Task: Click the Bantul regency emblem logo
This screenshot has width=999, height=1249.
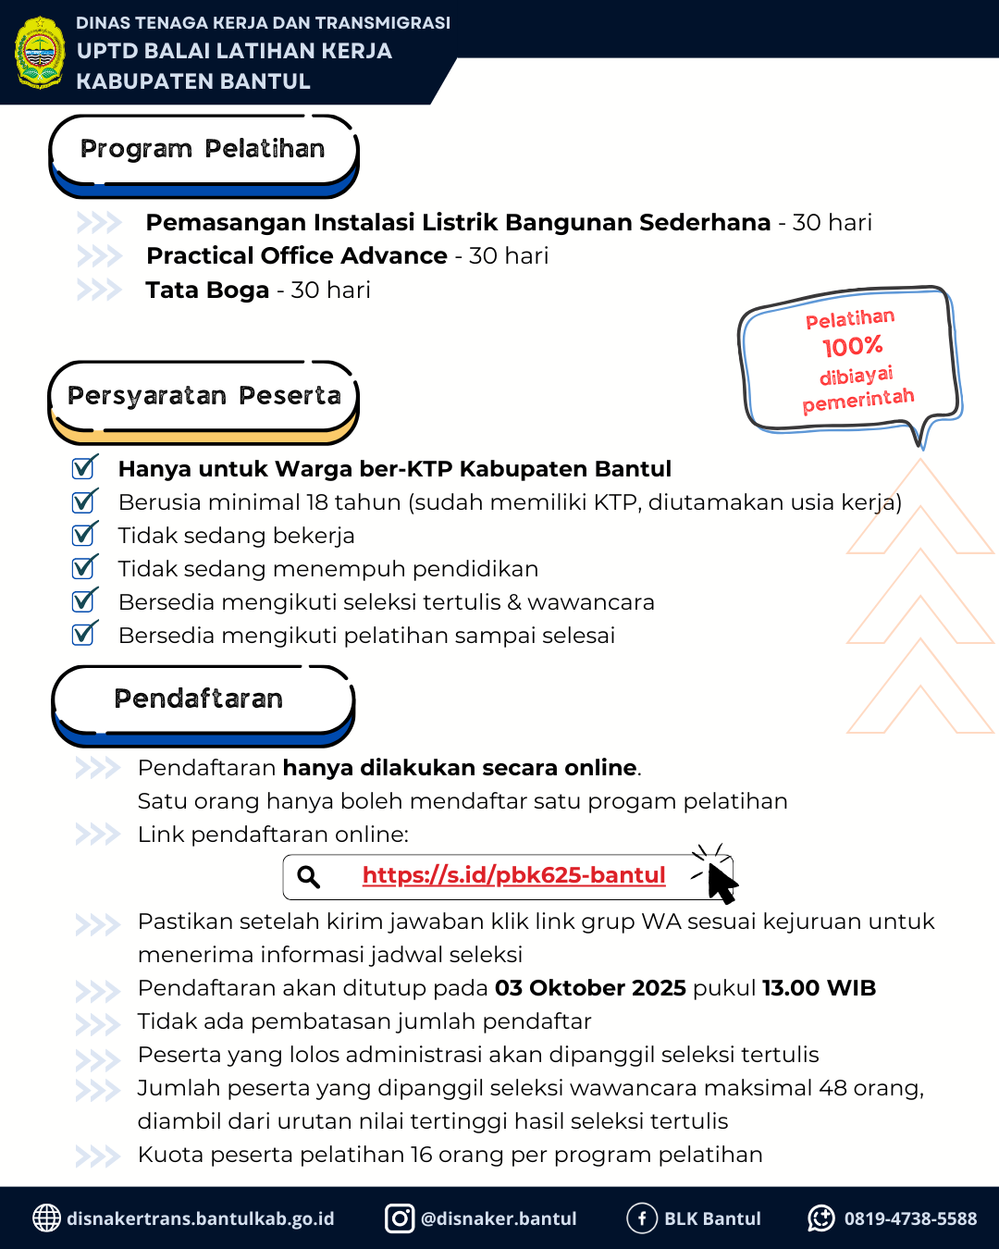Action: (x=40, y=53)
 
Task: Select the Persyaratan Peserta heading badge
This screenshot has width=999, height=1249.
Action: (x=203, y=397)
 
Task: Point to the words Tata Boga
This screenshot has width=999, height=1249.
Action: (x=207, y=291)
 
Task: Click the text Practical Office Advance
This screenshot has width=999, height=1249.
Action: (x=297, y=256)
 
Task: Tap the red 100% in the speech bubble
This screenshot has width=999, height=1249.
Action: (x=853, y=347)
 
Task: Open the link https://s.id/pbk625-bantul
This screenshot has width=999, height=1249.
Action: (x=513, y=875)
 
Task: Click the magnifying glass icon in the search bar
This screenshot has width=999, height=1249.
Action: (x=309, y=877)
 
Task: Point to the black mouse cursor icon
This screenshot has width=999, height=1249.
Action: (x=721, y=882)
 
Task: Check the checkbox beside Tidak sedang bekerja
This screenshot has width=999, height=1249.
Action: (x=84, y=535)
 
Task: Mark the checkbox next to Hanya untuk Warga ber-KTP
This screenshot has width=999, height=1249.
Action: (x=84, y=468)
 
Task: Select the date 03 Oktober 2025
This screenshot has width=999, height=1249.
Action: (x=590, y=988)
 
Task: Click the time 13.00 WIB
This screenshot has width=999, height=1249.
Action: (x=819, y=988)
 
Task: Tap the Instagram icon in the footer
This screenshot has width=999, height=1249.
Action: (x=400, y=1218)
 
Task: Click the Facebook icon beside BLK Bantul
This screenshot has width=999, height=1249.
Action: (x=642, y=1218)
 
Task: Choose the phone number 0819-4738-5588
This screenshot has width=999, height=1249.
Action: (x=910, y=1219)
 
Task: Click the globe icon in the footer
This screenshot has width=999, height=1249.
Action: (x=46, y=1218)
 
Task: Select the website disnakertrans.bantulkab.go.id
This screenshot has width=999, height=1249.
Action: (x=201, y=1219)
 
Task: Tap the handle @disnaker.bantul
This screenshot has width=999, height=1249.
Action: (x=499, y=1219)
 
